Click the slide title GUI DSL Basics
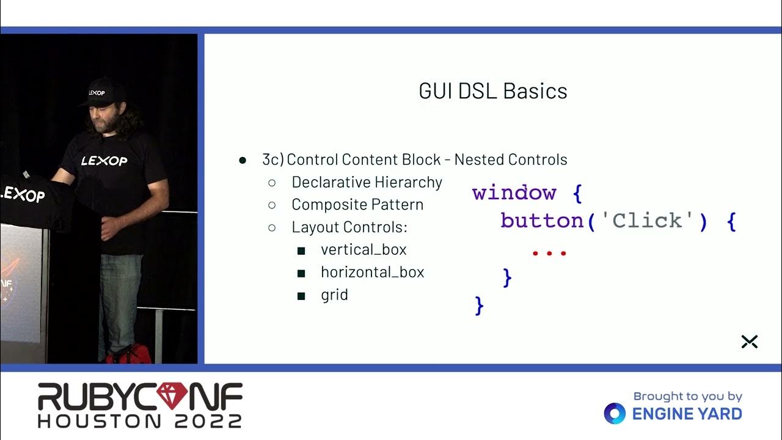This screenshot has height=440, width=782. tap(493, 91)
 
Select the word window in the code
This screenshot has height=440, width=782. tap(514, 193)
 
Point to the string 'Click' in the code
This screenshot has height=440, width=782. tap(647, 221)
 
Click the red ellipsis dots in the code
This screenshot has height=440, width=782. tap(549, 252)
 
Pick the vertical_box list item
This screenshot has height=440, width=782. tap(364, 250)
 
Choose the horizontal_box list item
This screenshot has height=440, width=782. tap(372, 273)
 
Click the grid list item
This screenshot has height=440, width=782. tap(334, 295)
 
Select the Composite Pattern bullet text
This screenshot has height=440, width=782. tap(357, 205)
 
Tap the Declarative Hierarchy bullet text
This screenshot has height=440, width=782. tap(367, 182)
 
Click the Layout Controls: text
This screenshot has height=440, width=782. tap(349, 227)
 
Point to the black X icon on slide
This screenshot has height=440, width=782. tap(749, 342)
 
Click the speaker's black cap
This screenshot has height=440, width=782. tap(100, 92)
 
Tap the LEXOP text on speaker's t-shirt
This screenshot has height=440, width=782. tap(104, 161)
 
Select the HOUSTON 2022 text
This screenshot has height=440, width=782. tap(140, 420)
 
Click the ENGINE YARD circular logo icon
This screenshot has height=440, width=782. tap(615, 414)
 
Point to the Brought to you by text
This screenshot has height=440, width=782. tap(687, 397)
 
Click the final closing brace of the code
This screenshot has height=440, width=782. tap(479, 305)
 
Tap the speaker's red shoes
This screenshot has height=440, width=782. tap(130, 354)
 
